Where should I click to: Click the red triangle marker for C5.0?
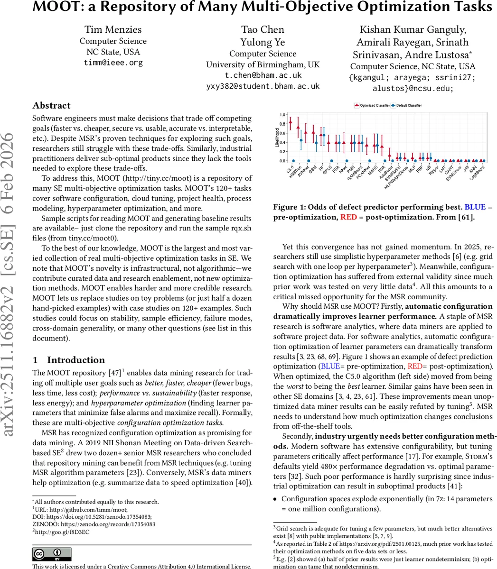coord(290,121)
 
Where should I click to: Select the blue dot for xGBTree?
coord(301,140)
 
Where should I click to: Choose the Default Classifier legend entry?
coord(406,105)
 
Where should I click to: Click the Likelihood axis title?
coord(277,138)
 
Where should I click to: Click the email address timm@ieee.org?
coord(113,63)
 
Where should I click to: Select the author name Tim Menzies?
coord(113,29)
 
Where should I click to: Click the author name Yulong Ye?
coord(263,42)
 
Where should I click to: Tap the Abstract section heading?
coord(51,106)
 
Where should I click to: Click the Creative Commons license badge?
coord(52,554)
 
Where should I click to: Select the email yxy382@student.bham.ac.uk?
coord(263,86)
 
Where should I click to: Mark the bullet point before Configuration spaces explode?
coord(275,499)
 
